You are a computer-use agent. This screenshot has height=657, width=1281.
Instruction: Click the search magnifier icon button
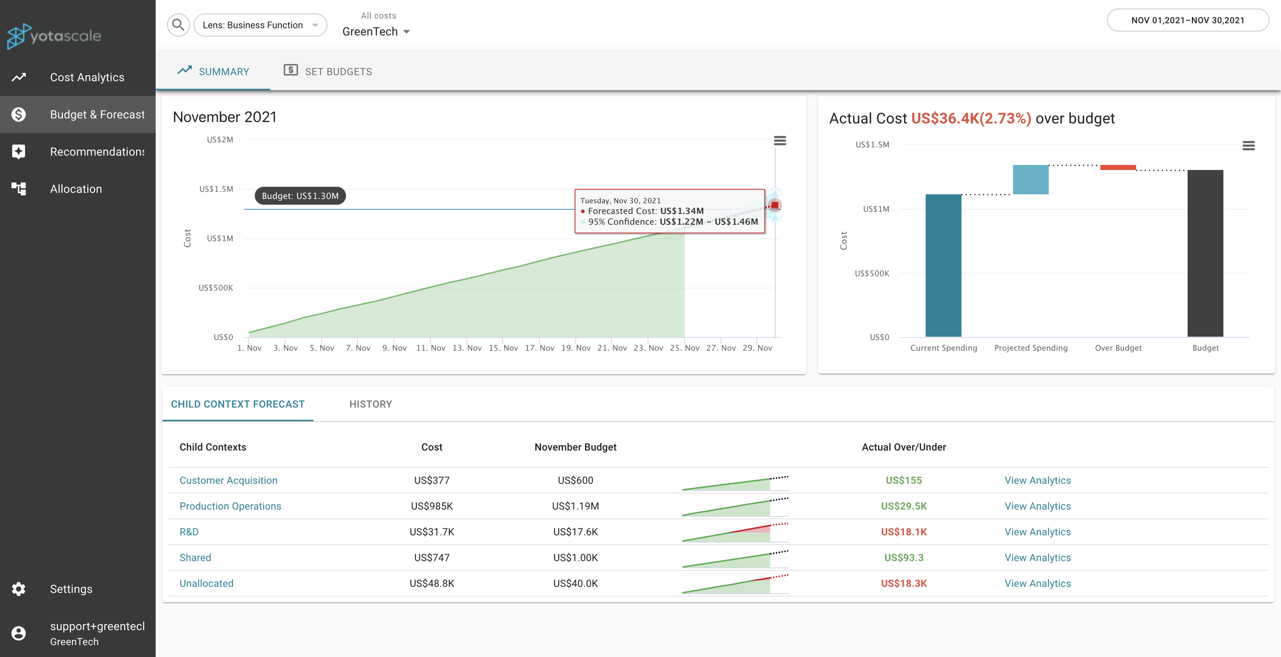coord(178,25)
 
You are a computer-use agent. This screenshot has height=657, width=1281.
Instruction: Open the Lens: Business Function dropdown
coord(260,25)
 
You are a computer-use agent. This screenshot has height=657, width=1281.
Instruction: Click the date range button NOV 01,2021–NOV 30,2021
coord(1187,21)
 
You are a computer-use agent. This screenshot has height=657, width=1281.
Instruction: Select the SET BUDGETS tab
coord(328,71)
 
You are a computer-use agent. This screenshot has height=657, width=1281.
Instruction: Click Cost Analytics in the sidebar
coord(87,77)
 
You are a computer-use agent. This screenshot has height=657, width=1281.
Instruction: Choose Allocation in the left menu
coord(76,189)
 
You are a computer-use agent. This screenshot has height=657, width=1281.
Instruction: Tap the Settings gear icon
coord(19,589)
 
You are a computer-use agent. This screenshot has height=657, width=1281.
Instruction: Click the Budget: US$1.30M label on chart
coord(300,196)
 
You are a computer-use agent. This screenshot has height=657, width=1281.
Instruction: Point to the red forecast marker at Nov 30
coord(775,205)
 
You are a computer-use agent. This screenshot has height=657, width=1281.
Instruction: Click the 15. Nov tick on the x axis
coord(503,348)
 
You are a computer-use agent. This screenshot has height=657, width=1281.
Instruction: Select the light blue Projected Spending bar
coord(1030,179)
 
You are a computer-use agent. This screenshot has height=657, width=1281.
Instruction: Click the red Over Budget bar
coord(1117,167)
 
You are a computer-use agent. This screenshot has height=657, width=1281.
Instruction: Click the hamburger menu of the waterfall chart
coord(1248,146)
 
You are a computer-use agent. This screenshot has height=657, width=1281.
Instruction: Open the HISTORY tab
coord(371,404)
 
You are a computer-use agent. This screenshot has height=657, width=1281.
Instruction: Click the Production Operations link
coord(230,506)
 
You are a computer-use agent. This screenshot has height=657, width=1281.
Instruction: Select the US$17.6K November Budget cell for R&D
coord(575,532)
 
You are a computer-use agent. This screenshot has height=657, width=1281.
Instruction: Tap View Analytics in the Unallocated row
coord(1037,583)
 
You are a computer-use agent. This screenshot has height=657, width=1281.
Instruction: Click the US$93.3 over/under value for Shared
coord(904,557)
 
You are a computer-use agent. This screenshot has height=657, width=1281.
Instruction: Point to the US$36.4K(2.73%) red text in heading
coord(971,118)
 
